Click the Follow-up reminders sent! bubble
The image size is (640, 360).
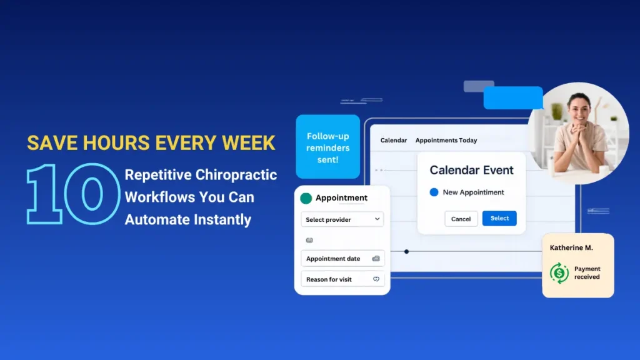tap(327, 147)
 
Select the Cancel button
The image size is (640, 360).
tap(461, 219)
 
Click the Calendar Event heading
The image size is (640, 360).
tap(471, 170)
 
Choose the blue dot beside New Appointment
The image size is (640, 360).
tap(434, 192)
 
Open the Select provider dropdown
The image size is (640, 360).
tap(342, 219)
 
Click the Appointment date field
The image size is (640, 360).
tap(342, 259)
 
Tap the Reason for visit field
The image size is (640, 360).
tap(342, 279)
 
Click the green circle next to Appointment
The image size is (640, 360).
tap(306, 198)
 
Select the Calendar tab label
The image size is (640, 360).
tap(394, 141)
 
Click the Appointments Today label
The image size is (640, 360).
tap(446, 141)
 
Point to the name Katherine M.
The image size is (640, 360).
tap(571, 248)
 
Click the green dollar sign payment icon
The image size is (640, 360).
tap(559, 272)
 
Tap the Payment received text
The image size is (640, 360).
tap(587, 272)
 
